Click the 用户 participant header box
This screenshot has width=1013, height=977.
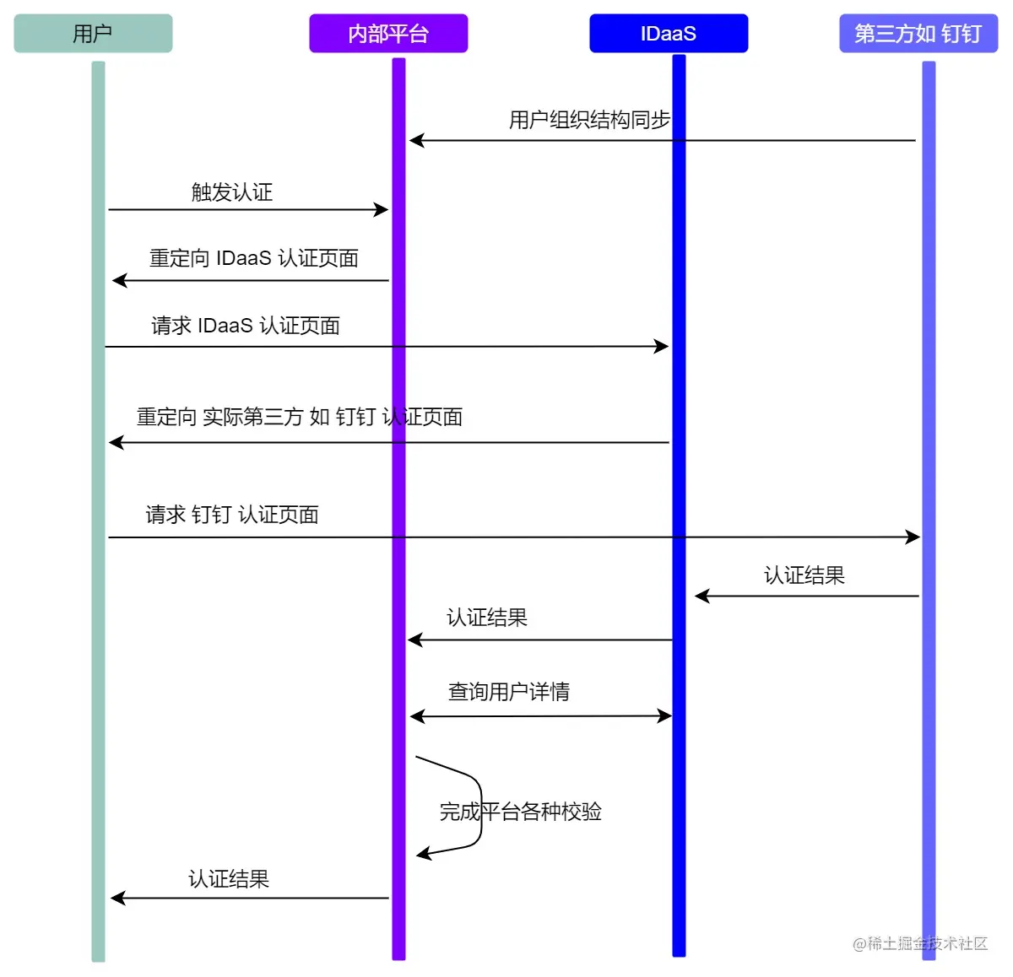click(93, 34)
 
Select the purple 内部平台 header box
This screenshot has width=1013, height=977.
click(388, 34)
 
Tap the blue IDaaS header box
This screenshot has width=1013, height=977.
click(669, 34)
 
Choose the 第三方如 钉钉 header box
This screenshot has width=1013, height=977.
click(918, 34)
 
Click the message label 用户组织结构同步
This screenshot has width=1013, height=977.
click(589, 120)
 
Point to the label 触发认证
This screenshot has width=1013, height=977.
click(232, 192)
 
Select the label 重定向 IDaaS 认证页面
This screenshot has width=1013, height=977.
click(254, 258)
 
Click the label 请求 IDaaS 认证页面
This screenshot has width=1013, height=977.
click(246, 326)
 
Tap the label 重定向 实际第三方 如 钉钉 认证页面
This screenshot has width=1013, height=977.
click(300, 417)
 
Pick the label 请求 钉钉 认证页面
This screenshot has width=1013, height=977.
click(232, 515)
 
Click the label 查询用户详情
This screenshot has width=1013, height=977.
click(509, 692)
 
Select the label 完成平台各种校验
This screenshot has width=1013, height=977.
click(521, 812)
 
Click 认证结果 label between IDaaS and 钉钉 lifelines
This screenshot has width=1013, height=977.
click(804, 575)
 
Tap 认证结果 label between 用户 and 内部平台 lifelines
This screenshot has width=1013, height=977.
click(229, 879)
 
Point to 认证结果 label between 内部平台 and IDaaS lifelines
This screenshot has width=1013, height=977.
click(487, 618)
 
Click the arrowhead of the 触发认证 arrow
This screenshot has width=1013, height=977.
click(382, 209)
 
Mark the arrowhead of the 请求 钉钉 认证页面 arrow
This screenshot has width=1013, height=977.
click(913, 537)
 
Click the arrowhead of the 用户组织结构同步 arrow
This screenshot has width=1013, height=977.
click(416, 140)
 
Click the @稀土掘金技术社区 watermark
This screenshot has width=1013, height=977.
click(920, 943)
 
